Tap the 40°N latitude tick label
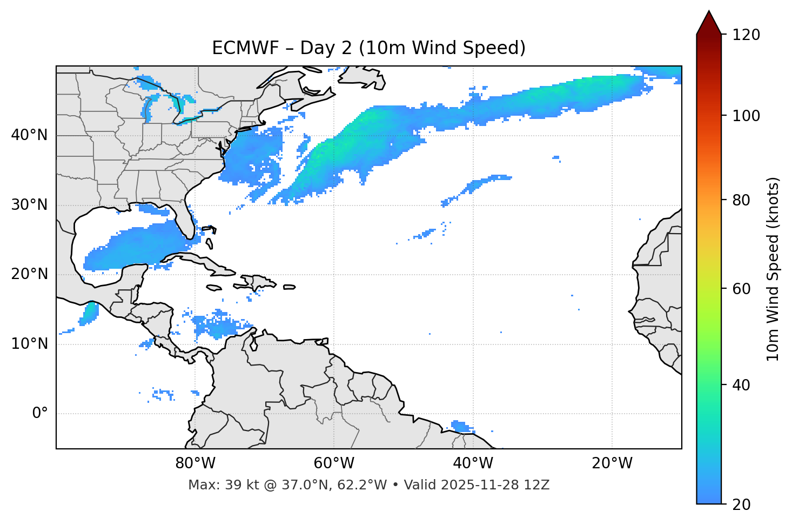tap(29, 135)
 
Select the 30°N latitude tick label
tap(29, 205)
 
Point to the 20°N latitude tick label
tap(29, 274)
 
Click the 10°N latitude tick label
tap(29, 344)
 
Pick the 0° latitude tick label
tap(40, 414)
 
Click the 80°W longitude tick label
tap(195, 463)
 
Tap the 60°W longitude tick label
tap(334, 463)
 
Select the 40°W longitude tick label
tap(473, 463)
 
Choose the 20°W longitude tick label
tap(612, 463)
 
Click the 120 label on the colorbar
tap(746, 35)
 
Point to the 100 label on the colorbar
tap(746, 116)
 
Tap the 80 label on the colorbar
tap(741, 200)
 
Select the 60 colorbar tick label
tap(741, 289)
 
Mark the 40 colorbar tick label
tap(741, 385)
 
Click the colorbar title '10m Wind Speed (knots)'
tap(773, 269)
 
